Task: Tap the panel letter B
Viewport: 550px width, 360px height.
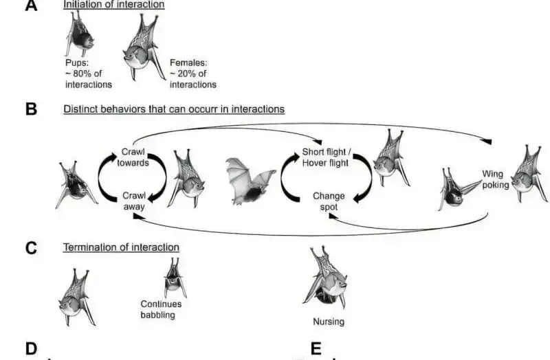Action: tap(30, 109)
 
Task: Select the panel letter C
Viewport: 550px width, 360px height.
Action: tap(30, 247)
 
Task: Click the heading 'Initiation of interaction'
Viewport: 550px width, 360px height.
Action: tap(114, 5)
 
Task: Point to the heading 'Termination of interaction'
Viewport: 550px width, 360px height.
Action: tap(121, 247)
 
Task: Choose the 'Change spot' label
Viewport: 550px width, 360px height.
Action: tap(329, 201)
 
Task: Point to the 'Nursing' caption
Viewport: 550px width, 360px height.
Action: tap(328, 321)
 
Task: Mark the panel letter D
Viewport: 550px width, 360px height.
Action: tap(30, 349)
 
